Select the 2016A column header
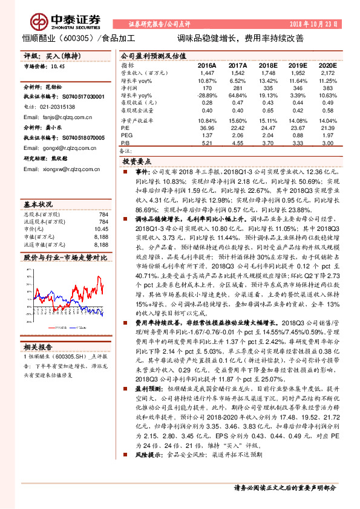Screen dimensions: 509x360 coord(207,65)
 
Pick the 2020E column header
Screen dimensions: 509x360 coord(327,65)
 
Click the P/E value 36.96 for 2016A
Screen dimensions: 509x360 coord(207,129)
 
